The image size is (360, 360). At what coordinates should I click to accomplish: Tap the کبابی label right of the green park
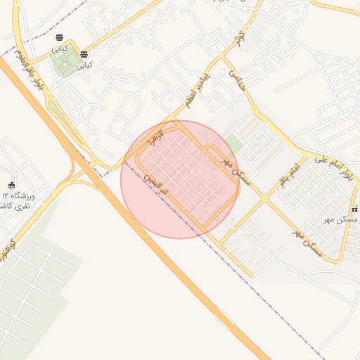click(x=84, y=65)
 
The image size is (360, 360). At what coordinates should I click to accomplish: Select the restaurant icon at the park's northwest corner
click(x=59, y=38)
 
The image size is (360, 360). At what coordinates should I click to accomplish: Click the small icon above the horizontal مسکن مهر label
click(x=354, y=209)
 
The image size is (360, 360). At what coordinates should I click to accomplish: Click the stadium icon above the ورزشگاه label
click(x=11, y=186)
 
